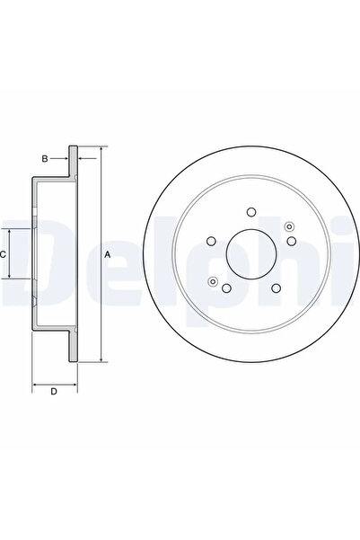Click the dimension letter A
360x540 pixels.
tap(108, 255)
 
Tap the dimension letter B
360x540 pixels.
tap(43, 159)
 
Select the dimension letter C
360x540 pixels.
tap(4, 255)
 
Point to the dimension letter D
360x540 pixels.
tap(54, 391)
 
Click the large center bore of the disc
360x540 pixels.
tap(250, 254)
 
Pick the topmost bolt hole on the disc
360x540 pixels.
tap(251, 213)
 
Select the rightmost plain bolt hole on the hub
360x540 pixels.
tap(291, 241)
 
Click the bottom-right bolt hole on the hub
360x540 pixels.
tap(276, 288)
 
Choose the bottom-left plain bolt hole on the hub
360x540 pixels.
tap(227, 288)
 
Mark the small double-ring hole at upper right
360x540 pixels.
tap(287, 226)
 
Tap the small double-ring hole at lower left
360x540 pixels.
tap(214, 281)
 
